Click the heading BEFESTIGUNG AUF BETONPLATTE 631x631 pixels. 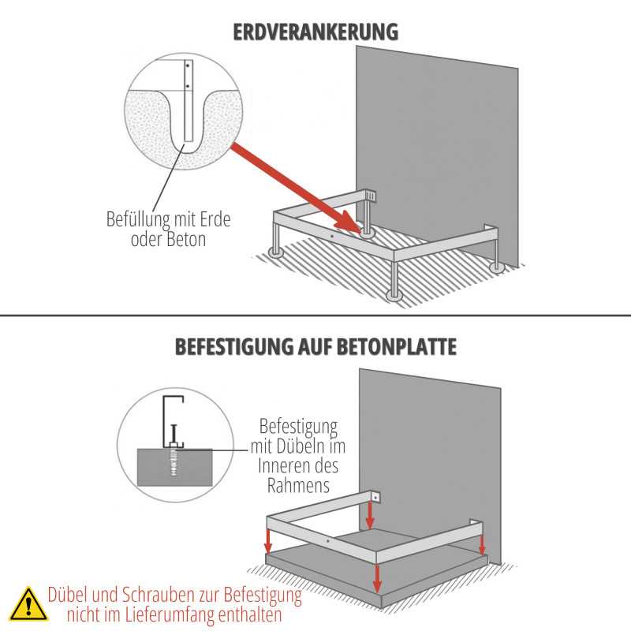315,346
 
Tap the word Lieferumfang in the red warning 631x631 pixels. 192,614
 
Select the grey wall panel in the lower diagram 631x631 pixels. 430,442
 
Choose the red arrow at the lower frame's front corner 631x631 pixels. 379,576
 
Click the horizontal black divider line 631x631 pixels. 315,315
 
